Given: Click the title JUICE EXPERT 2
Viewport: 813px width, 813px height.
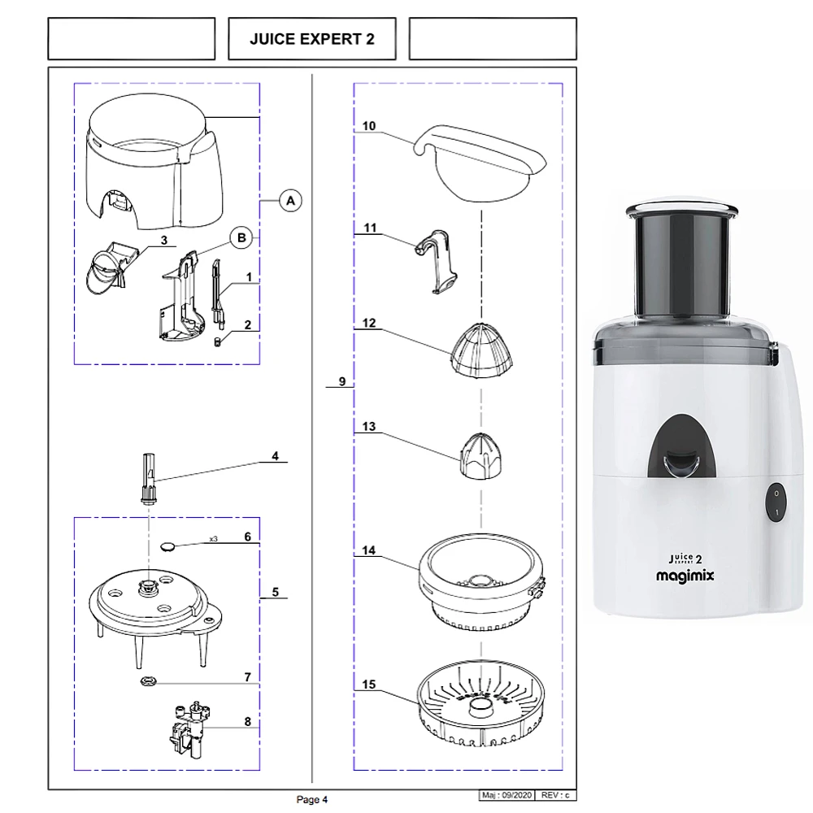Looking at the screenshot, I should pos(312,39).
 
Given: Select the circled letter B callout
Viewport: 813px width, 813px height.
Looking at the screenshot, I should pos(241,237).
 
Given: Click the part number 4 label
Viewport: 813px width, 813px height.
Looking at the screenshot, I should pos(275,456).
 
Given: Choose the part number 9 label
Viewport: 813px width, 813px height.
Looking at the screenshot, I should pos(341,381).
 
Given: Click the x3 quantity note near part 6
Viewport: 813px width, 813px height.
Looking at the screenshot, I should pos(214,539).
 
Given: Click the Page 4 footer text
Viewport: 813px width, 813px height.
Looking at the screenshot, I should pos(312,800).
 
